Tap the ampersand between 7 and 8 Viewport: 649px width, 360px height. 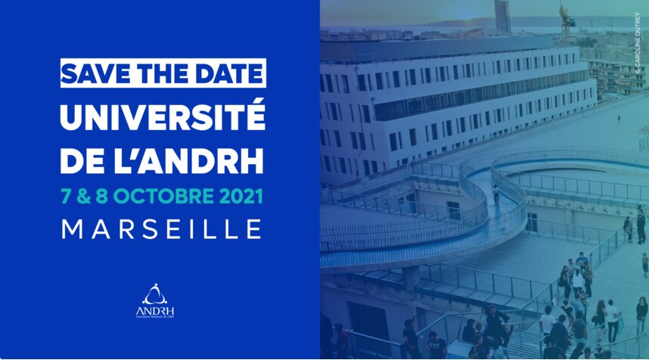[x=82, y=196]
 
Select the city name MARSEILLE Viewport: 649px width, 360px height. [x=162, y=228]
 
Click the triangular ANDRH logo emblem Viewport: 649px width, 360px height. [x=154, y=293]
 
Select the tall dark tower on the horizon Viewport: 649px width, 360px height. [x=501, y=15]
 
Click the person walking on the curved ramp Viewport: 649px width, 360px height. [x=496, y=194]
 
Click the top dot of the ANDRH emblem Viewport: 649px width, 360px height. [x=154, y=285]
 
